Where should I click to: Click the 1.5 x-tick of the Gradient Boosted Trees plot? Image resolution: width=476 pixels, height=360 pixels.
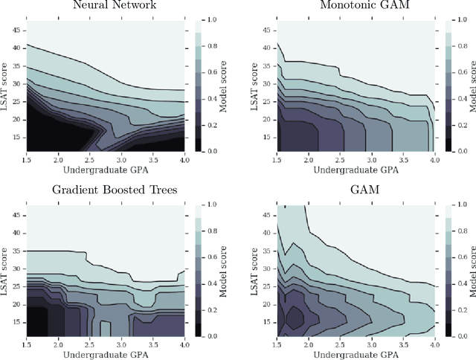27,341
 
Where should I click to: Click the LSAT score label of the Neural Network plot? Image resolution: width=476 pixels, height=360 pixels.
6,85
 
